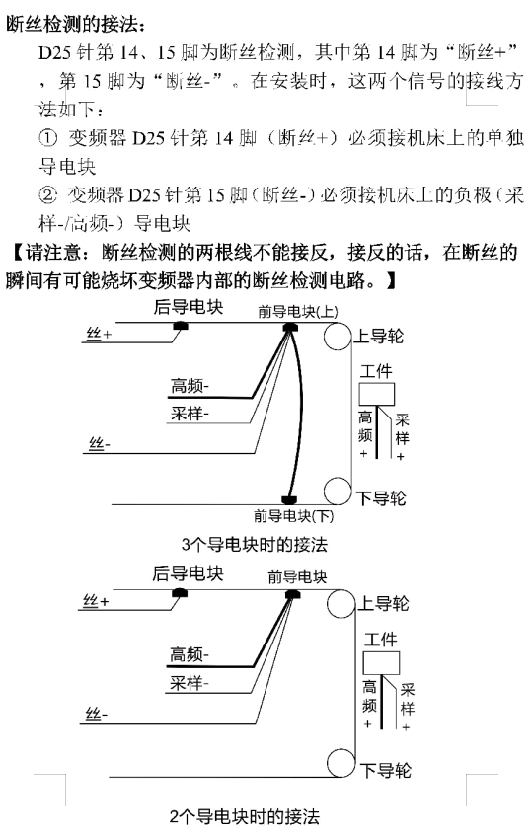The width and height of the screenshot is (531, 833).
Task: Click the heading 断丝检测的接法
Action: pyautogui.click(x=75, y=24)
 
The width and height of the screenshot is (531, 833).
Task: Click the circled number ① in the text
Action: pyautogui.click(x=47, y=138)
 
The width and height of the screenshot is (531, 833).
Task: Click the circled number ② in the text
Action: pyautogui.click(x=47, y=195)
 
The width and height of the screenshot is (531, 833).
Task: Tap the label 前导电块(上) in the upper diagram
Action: pyautogui.click(x=298, y=311)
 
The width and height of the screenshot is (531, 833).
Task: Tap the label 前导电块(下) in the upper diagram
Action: pyautogui.click(x=294, y=515)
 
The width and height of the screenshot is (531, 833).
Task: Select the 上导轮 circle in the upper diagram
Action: pyautogui.click(x=338, y=337)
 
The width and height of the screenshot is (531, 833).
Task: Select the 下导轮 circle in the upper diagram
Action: pyautogui.click(x=338, y=491)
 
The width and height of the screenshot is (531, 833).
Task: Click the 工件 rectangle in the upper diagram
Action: pyautogui.click(x=377, y=394)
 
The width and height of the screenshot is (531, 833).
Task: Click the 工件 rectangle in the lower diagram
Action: pyautogui.click(x=381, y=662)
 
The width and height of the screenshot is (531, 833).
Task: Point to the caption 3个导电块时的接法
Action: pyautogui.click(x=255, y=544)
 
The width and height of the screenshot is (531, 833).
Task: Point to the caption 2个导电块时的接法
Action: pyautogui.click(x=245, y=816)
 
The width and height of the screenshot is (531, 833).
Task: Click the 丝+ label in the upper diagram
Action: pyautogui.click(x=100, y=334)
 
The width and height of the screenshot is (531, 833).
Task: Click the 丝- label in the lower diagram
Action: pyautogui.click(x=97, y=714)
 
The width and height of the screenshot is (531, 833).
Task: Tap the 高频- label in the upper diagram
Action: pyautogui.click(x=190, y=385)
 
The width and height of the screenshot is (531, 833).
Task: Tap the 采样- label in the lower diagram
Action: pyautogui.click(x=190, y=683)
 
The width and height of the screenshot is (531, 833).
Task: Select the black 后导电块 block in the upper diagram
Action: pyautogui.click(x=181, y=325)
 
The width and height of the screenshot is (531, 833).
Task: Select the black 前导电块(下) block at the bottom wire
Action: pyautogui.click(x=289, y=500)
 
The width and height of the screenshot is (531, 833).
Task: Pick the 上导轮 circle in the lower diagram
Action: pyautogui.click(x=341, y=603)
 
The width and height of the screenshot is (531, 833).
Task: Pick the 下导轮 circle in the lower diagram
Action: pyautogui.click(x=341, y=763)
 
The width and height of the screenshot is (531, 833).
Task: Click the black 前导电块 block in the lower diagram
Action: pyautogui.click(x=292, y=593)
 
